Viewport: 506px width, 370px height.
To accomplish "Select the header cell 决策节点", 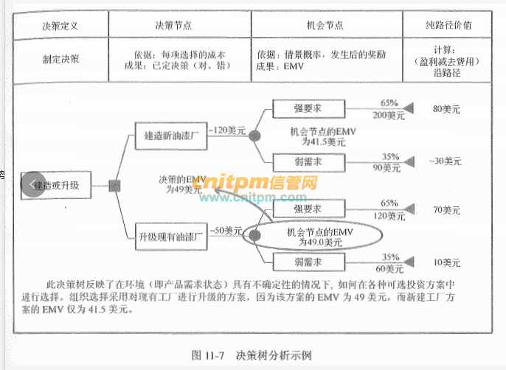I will coord(173,24).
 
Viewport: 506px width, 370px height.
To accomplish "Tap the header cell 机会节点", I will coord(325,24).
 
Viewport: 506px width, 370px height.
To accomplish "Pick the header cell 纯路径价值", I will coord(448,24).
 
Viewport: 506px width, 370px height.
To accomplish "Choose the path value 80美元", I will coord(446,109).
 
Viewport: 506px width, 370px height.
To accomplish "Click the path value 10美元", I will coord(446,262).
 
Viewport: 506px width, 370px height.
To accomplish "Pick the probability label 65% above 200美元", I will coord(389,102).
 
